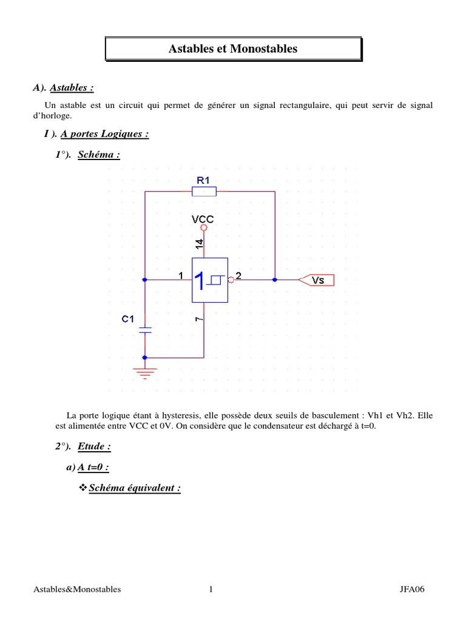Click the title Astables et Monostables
(233, 49)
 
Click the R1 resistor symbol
(204, 192)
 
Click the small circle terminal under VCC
(204, 228)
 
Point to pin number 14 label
(199, 244)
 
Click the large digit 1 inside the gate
(200, 281)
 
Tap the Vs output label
(319, 280)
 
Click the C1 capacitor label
(128, 318)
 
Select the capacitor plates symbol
(145, 331)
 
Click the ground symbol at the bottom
(145, 371)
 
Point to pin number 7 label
(199, 318)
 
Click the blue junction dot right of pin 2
(275, 280)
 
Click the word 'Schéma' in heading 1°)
(99, 155)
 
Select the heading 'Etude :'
(94, 447)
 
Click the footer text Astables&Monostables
(77, 589)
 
